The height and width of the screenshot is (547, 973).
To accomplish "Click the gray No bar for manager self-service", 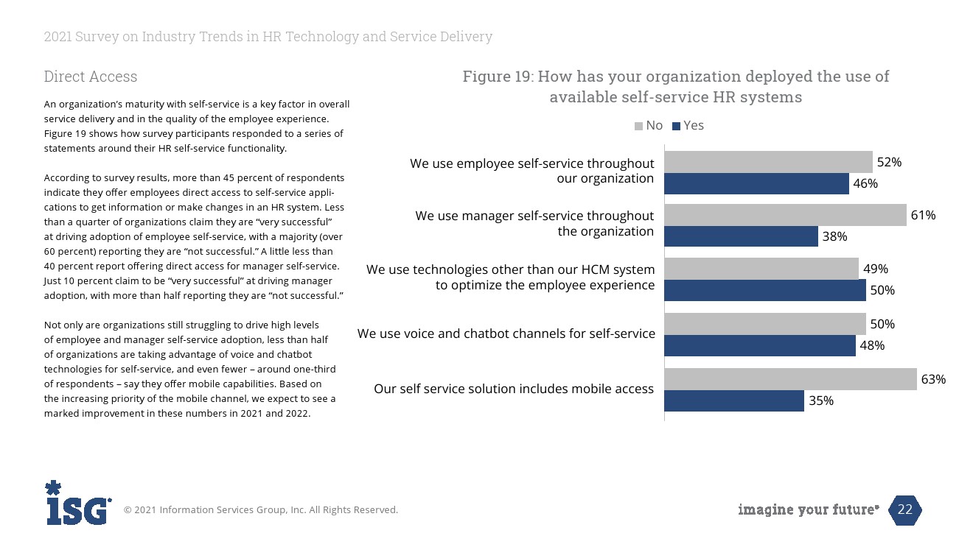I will [x=785, y=215].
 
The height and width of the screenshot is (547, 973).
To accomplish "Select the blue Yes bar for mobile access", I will [x=733, y=400].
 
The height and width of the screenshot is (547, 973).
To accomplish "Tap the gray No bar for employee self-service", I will [x=768, y=162].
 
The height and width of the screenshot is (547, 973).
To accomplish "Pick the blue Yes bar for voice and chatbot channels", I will [x=759, y=345].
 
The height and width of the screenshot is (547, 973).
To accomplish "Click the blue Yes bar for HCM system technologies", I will [x=764, y=290].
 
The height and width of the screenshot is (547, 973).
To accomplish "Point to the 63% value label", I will [x=933, y=379].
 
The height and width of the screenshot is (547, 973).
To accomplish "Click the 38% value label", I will [x=835, y=236].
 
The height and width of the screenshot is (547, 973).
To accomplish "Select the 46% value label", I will [x=865, y=183].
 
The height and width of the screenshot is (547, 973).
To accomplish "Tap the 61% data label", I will [x=923, y=215].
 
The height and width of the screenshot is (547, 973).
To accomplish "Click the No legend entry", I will [x=649, y=126].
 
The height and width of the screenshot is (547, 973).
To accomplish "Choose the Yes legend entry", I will [x=688, y=126].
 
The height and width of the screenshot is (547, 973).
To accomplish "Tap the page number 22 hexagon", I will [x=905, y=509].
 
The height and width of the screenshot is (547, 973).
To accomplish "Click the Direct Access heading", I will [x=91, y=77].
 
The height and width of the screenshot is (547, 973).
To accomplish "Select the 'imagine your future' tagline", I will [x=809, y=509].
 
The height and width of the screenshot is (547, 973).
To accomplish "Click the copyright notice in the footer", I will [x=260, y=509].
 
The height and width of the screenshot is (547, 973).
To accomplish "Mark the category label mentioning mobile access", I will [x=514, y=389].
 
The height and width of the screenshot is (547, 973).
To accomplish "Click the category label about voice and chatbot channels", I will [x=506, y=334].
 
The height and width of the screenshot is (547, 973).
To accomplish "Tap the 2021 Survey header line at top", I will [x=268, y=37].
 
